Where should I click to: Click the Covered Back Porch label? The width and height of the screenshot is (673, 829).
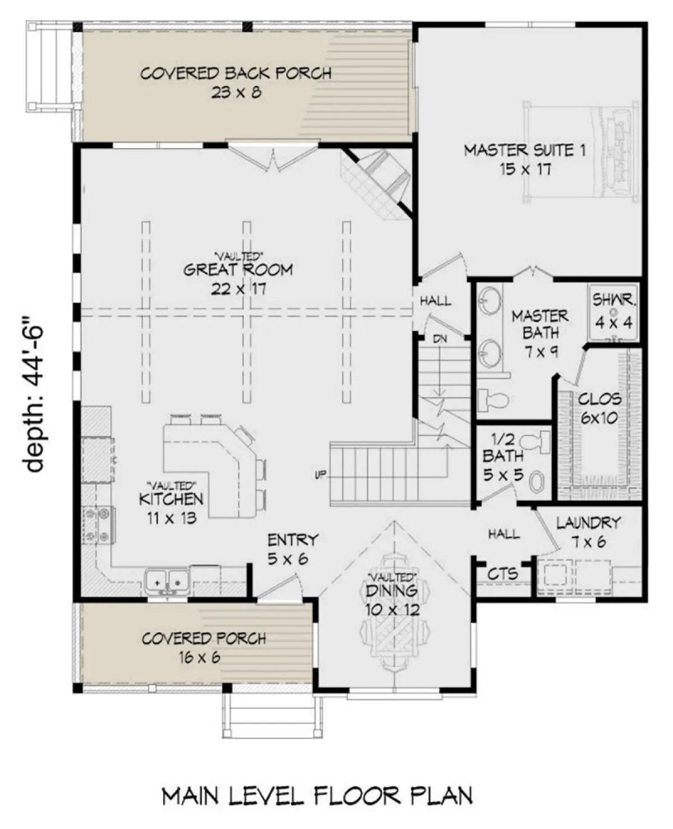click(236, 73)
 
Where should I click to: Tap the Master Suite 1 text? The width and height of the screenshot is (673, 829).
click(525, 150)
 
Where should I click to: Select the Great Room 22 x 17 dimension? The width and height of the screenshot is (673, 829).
click(238, 289)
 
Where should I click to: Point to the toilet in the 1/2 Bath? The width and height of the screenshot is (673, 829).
click(535, 443)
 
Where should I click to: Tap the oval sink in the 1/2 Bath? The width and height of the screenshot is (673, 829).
click(537, 481)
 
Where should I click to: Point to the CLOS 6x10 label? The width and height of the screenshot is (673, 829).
click(600, 408)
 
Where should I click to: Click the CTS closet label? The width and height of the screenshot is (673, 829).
click(503, 574)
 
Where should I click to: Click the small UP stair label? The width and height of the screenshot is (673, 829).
click(320, 475)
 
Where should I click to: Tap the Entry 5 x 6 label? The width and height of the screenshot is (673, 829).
click(293, 550)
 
